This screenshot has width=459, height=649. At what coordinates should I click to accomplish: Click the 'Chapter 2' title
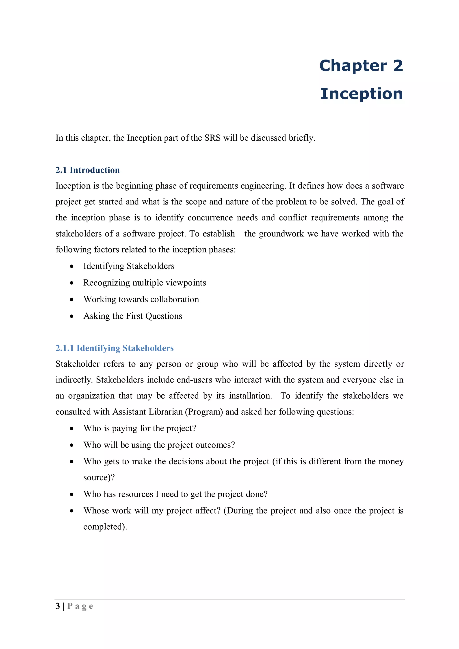coord(361,66)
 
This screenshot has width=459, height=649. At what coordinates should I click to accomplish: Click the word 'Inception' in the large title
coord(361,94)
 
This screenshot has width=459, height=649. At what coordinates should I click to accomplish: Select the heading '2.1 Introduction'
coord(87,170)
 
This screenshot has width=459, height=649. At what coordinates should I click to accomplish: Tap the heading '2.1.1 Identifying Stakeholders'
coord(115,348)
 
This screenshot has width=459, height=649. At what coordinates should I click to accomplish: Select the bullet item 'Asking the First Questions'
coord(133,316)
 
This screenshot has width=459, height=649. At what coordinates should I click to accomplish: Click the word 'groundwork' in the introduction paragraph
coord(281,234)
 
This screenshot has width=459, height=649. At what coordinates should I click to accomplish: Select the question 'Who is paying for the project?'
coord(139,428)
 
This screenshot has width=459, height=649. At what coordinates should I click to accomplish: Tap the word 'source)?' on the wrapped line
coord(99,477)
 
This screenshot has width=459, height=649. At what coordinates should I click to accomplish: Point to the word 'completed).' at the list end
coord(105,527)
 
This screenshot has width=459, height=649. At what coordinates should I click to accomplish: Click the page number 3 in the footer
coord(58,606)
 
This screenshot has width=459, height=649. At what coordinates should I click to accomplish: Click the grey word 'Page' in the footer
coord(80,606)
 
